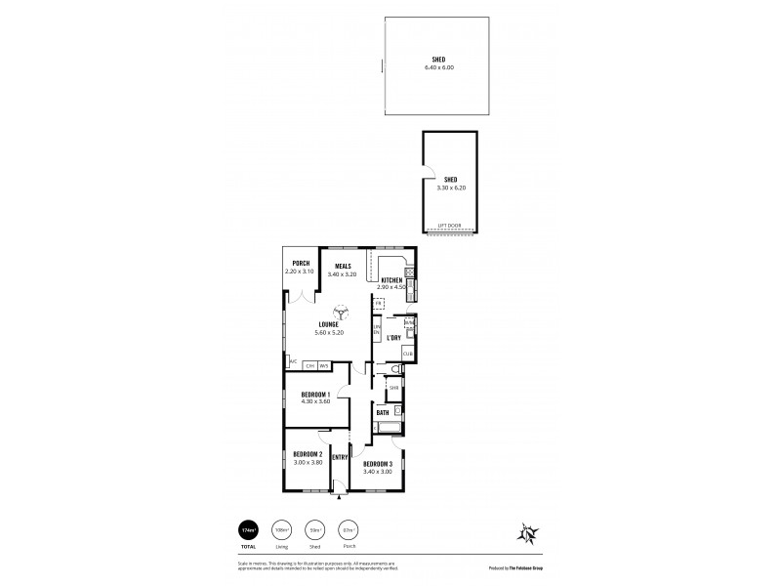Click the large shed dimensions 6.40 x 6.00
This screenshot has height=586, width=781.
439,67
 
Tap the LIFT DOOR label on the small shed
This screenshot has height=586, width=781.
450,224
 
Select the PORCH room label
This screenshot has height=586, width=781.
301,263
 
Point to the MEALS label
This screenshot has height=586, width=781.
343,266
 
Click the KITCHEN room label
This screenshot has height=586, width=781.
390,281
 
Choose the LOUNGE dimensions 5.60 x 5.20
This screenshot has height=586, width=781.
329,332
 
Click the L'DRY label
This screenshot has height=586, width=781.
393,338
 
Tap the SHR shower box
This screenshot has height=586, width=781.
393,388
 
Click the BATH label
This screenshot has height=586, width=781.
383,413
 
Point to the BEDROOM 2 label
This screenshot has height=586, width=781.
308,454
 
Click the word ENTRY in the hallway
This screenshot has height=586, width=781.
340,457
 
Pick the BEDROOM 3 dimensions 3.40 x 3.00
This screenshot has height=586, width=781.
377,471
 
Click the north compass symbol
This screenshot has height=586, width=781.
527,534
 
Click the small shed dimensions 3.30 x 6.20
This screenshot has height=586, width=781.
450,187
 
